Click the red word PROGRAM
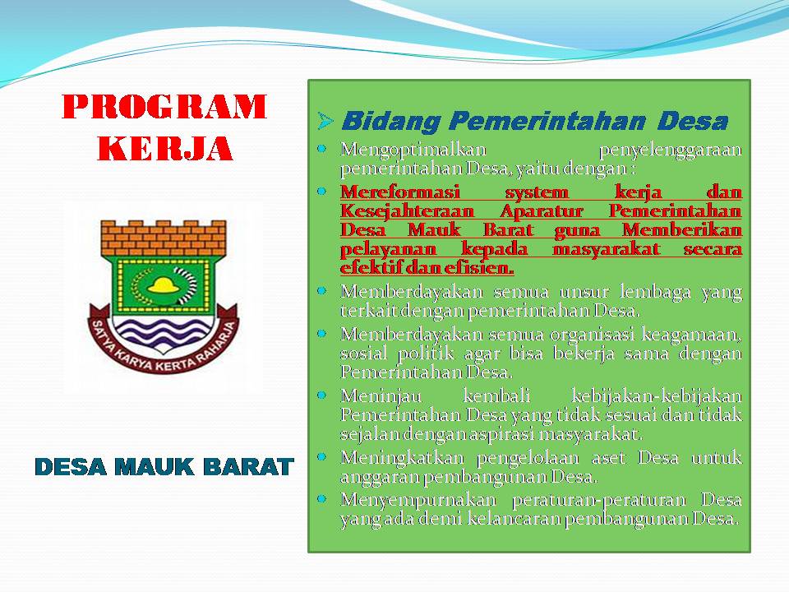point(164,106)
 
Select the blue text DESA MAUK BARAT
point(164,467)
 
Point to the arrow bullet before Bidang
point(325,121)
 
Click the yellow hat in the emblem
point(164,285)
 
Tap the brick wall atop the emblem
point(164,238)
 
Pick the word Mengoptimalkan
point(413,150)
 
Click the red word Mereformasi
point(400,192)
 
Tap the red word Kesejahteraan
point(407,211)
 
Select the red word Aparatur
point(542,211)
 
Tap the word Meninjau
point(381,396)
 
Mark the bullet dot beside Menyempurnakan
point(322,499)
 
